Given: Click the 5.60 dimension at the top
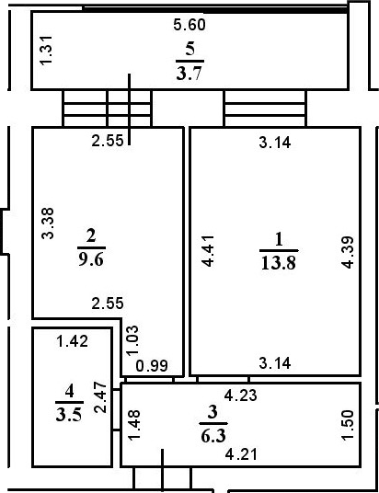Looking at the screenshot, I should [190, 26].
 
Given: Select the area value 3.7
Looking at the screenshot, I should [189, 71].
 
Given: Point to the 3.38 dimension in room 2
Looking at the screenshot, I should [49, 224].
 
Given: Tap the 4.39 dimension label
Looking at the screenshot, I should [347, 249].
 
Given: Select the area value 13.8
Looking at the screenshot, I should [278, 260].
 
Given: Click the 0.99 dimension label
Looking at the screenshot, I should [151, 366].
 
